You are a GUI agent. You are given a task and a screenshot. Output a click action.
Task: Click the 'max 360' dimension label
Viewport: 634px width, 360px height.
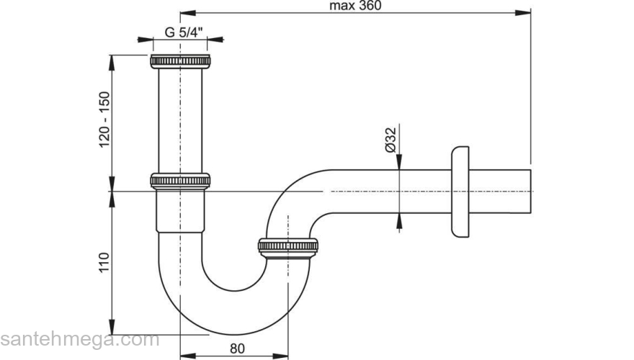[355, 6]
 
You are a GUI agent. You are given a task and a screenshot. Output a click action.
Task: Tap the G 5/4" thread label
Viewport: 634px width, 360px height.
[184, 32]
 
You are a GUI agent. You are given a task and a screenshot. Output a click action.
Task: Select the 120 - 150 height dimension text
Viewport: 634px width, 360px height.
[104, 120]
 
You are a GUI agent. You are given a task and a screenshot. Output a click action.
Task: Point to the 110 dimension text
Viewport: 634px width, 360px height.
[104, 263]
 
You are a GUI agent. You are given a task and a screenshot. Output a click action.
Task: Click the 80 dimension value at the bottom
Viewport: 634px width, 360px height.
[237, 348]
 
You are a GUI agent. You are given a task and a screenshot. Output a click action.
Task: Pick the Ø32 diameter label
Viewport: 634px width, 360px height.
[390, 140]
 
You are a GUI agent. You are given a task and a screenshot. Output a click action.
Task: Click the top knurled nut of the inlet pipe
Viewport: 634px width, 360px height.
[180, 61]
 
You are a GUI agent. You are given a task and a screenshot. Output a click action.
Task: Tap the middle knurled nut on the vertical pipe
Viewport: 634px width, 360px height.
[180, 181]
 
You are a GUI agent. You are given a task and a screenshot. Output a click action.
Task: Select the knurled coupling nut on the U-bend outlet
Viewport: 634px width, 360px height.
[288, 247]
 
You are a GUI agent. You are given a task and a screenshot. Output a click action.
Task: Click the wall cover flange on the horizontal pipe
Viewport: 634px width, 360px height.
[460, 192]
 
